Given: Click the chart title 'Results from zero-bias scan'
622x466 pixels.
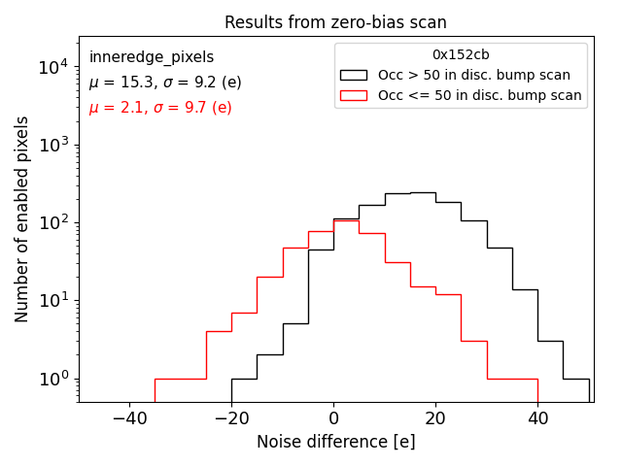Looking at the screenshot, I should [x=335, y=22].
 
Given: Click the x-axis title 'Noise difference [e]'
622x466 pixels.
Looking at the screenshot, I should [x=335, y=442].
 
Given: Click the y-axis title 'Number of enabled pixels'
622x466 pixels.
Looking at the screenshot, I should [x=22, y=219].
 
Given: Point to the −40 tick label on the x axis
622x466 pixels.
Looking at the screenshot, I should [x=129, y=417].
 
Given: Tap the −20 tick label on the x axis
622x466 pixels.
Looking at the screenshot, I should [x=231, y=417].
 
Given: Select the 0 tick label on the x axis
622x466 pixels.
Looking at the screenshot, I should [x=333, y=417].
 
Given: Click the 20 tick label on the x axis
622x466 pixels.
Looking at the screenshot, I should [x=435, y=417].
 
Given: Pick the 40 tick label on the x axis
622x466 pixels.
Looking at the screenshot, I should [x=537, y=417].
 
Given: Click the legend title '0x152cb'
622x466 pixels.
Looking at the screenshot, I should [x=461, y=55].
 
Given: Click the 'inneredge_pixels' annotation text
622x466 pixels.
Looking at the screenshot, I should [x=152, y=57].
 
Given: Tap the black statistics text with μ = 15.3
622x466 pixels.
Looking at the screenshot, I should [x=165, y=83].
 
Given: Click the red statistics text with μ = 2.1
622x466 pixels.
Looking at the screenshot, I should [x=160, y=107].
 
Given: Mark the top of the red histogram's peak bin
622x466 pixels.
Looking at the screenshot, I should [x=346, y=220].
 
